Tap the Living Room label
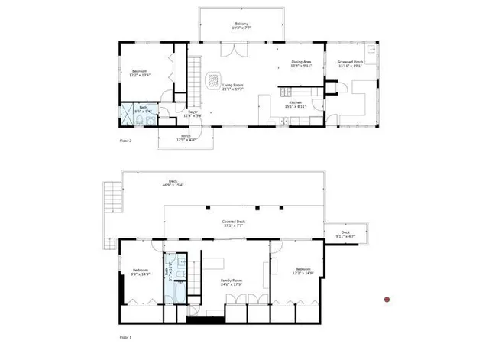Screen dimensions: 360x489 (x=232, y=87)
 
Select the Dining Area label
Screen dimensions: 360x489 (x=301, y=63)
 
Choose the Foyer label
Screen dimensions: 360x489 (x=193, y=114)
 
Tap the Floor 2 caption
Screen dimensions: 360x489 (x=127, y=141)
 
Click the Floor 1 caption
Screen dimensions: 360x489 (x=126, y=337)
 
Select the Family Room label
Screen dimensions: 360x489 (x=232, y=283)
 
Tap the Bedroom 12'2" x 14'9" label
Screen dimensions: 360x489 (x=303, y=271)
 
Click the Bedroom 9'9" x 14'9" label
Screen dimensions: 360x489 (x=140, y=271)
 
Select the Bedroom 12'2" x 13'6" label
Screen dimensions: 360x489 (x=140, y=73)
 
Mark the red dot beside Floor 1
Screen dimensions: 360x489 (x=387, y=300)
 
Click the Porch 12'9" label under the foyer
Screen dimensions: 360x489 (x=186, y=139)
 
